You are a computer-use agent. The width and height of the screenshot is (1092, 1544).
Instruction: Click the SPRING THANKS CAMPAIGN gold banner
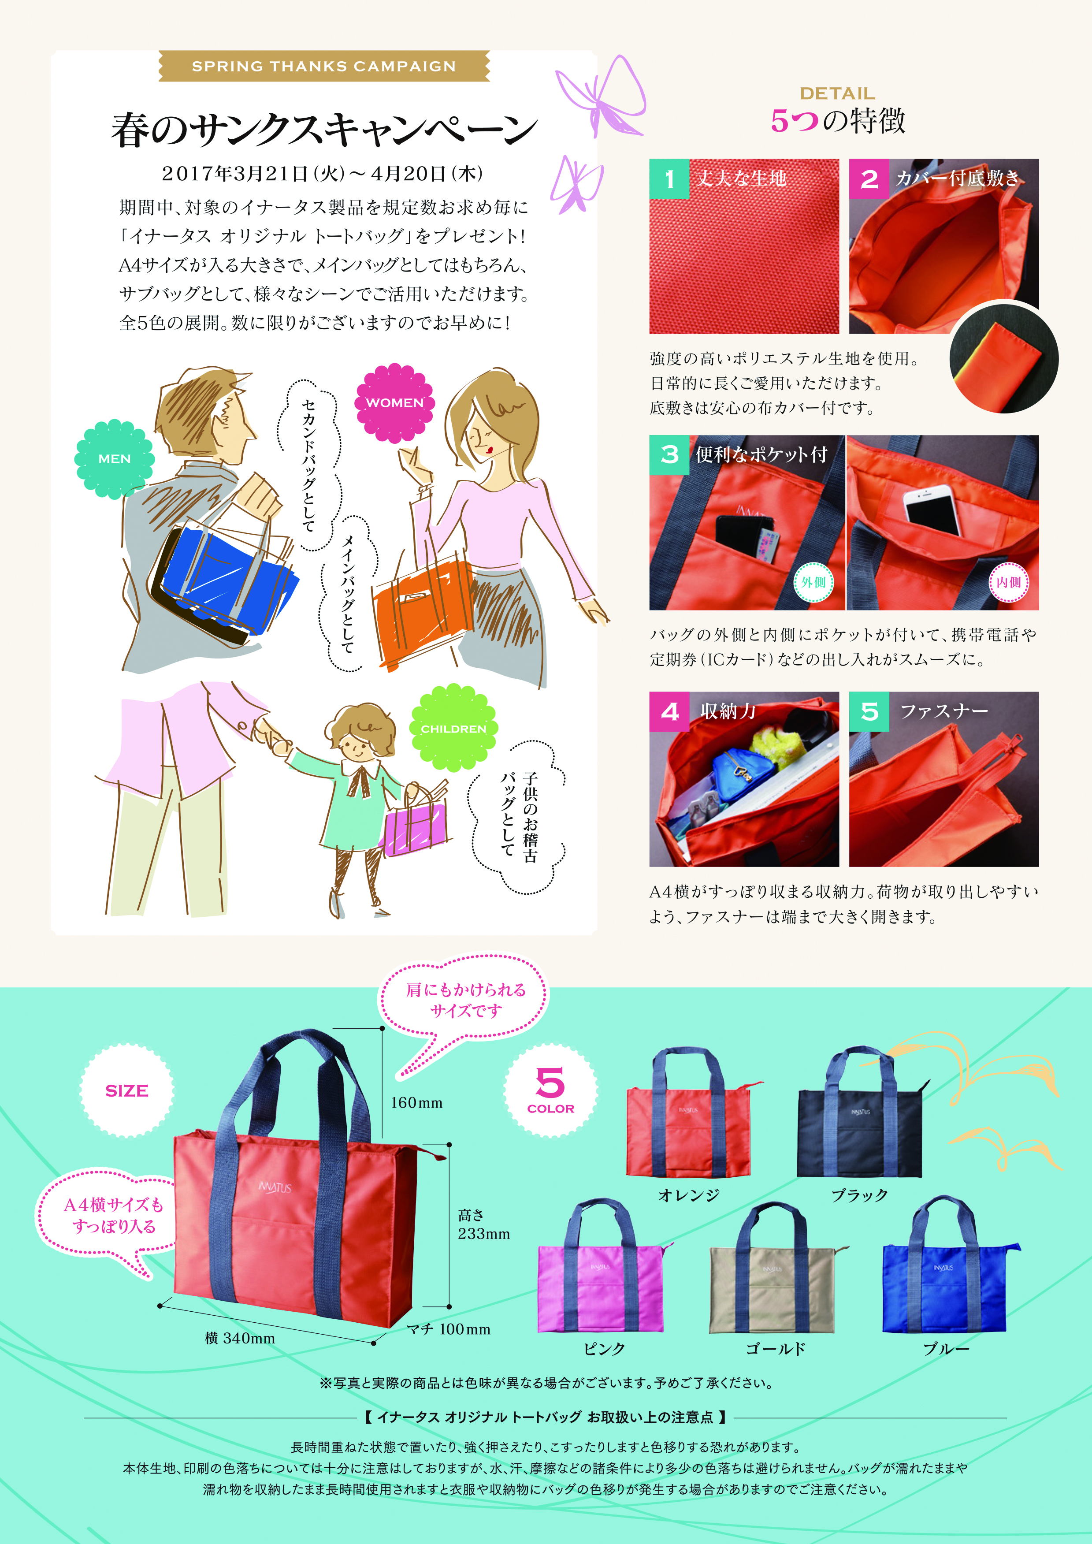[x=324, y=66]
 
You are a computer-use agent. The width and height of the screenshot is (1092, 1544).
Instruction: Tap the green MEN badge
[x=114, y=459]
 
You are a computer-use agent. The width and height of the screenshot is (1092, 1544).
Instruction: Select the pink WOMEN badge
[x=395, y=403]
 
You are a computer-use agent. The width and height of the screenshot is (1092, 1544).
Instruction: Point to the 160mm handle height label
[x=417, y=1103]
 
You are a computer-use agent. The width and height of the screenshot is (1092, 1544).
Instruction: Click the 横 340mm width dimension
[x=240, y=1338]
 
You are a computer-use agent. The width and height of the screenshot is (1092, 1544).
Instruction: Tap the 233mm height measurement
[x=484, y=1233]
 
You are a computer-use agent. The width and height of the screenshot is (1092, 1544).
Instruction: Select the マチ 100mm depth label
[x=449, y=1329]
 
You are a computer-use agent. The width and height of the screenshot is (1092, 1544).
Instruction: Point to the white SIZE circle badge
[x=126, y=1091]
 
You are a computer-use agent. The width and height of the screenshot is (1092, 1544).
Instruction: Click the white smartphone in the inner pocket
[x=932, y=510]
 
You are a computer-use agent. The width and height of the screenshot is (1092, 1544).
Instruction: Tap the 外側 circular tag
[x=813, y=582]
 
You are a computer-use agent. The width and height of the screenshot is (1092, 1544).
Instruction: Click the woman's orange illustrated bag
[x=422, y=609]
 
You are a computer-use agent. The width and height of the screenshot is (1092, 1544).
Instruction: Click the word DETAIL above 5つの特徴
[x=837, y=93]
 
